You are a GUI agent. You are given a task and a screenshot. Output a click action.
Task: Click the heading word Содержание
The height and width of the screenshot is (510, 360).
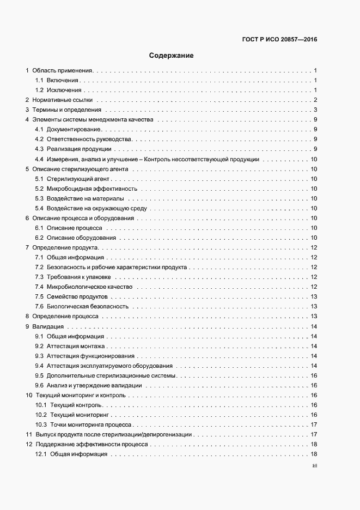point(172,56)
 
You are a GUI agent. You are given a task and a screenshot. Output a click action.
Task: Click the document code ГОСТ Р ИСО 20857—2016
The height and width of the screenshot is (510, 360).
point(279,39)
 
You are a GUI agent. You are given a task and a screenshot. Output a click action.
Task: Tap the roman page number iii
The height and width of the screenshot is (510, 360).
point(314,466)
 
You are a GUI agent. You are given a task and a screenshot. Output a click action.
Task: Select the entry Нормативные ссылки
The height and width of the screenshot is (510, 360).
point(63,100)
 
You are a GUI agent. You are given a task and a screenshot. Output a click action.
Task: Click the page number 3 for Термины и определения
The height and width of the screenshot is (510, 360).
point(315,110)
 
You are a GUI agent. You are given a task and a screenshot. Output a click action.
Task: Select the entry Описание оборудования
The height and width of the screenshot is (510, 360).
point(81,238)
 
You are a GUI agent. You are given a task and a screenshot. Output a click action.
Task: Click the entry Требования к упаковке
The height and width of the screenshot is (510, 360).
point(79,277)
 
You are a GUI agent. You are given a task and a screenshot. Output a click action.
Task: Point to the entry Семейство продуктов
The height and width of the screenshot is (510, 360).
point(77,297)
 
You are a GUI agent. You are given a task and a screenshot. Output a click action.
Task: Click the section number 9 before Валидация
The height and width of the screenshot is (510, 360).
point(28,326)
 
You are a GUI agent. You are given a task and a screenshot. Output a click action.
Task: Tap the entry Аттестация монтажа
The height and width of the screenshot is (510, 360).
point(76,346)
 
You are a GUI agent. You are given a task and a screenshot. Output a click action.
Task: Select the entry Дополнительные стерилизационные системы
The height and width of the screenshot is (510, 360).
point(112,375)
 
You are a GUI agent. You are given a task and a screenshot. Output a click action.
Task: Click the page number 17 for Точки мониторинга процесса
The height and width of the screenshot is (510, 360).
point(314,424)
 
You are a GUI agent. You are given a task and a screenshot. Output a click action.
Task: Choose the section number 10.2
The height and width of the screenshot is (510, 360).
point(41,415)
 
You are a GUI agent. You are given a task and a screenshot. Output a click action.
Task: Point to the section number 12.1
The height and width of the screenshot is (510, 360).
point(41,454)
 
